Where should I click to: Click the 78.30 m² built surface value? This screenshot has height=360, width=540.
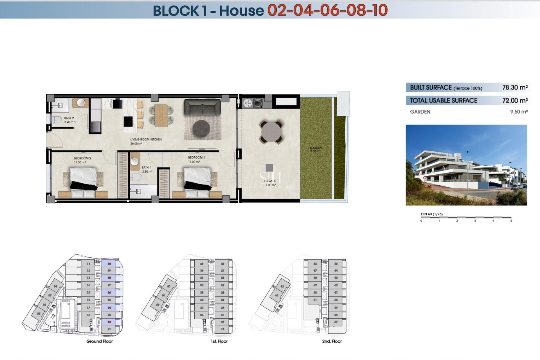tap(515, 87)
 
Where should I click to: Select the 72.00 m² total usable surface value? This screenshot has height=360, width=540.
tap(515, 100)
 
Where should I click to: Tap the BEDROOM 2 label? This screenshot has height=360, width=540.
tap(82, 158)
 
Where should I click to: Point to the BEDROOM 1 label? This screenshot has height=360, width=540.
tap(196, 157)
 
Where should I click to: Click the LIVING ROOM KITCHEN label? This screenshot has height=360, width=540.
tap(146, 139)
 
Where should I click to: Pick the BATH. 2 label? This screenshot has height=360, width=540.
tap(69, 118)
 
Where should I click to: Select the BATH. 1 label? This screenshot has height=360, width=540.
tap(147, 167)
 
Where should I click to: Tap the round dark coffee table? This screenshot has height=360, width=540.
tap(201, 129)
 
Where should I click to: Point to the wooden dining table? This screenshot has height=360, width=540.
tap(161, 115)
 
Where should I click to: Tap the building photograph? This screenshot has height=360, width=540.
tap(466, 165)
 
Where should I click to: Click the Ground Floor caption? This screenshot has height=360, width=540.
tap(100, 341)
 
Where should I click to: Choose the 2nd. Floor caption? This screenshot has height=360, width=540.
tap(332, 341)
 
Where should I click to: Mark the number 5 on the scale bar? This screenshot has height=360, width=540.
tap(511, 221)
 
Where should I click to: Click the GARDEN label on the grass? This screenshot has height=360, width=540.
tap(316, 148)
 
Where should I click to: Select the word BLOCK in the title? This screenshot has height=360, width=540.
tap(176, 11)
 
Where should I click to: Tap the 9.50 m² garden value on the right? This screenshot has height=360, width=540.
tap(519, 112)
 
